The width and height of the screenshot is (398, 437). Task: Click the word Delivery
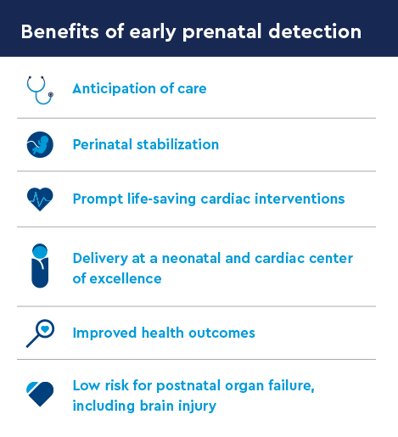pyautogui.click(x=99, y=258)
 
